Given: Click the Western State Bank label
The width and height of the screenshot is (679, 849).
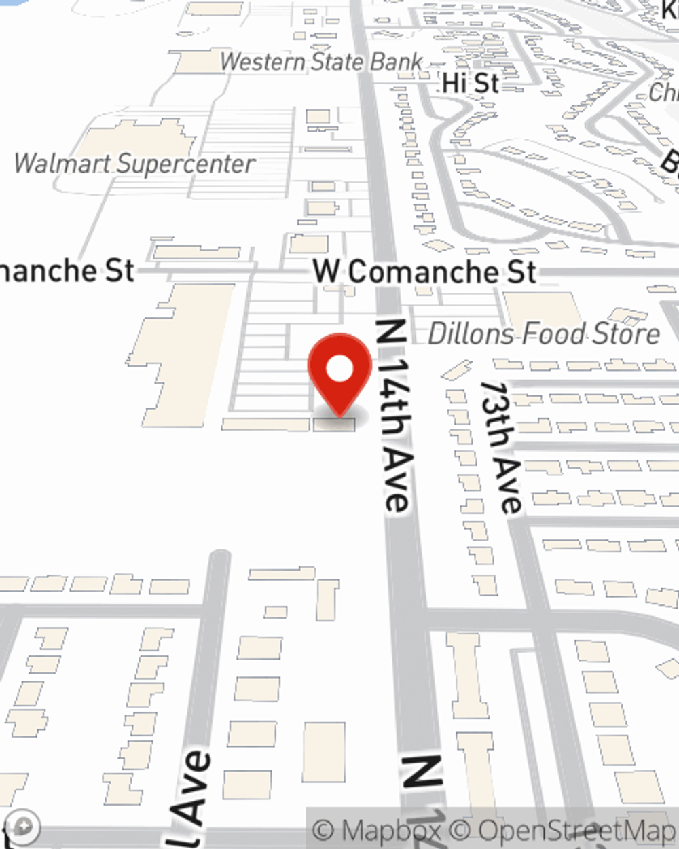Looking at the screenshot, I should (x=321, y=62).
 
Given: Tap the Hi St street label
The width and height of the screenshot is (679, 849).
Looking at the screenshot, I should (x=471, y=84).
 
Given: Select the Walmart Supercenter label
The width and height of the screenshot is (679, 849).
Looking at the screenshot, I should (x=134, y=164).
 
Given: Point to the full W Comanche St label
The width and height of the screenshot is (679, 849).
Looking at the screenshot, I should (x=424, y=272).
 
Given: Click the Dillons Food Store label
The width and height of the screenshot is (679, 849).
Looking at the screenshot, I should (x=544, y=333).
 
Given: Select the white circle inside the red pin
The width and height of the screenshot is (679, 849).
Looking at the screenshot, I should (x=339, y=369).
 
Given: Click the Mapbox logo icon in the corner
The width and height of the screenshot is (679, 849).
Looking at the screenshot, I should (x=24, y=827).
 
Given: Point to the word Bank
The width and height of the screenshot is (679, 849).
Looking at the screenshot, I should (x=396, y=62).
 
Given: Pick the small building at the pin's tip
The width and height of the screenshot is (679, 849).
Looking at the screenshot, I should (x=334, y=424).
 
